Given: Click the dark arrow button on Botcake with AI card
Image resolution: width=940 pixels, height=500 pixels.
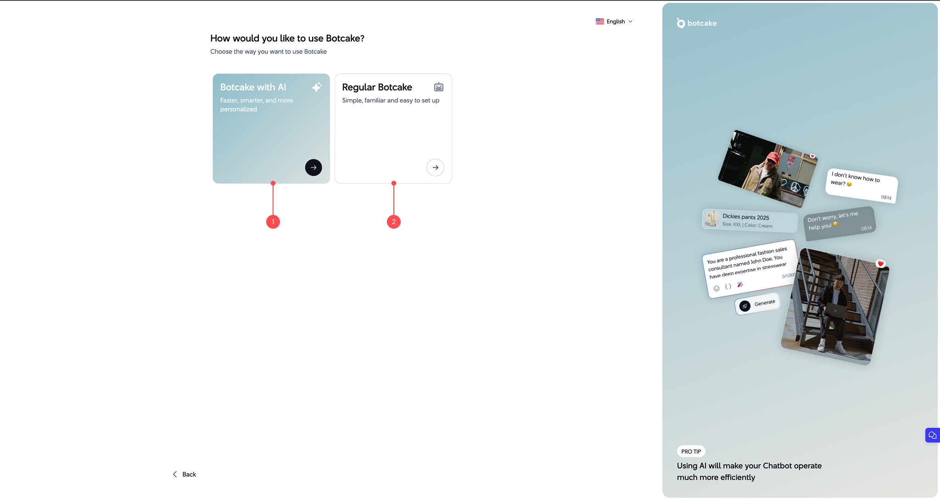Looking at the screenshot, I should point(313,168).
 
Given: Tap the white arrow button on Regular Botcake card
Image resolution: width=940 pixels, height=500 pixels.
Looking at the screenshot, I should point(435,168).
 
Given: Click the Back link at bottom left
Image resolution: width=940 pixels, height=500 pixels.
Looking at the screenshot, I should point(185,474).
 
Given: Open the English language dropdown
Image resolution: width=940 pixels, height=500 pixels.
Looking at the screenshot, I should point(615,22).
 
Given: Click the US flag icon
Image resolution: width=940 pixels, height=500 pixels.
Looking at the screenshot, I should point(600,22).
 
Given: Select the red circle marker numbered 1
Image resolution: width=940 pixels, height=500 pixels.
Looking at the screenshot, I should point(273,222).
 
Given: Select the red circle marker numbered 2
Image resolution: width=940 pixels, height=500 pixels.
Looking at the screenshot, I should point(394,222).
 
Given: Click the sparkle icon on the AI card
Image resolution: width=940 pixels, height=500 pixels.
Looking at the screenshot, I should point(317,87).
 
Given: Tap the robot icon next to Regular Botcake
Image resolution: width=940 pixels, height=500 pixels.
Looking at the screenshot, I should point(439,87).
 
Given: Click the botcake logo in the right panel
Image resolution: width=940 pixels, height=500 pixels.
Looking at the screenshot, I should point(696,23).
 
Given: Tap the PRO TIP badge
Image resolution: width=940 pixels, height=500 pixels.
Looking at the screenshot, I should point(691,451).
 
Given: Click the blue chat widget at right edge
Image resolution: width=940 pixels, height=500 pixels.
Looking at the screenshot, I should point(932,435).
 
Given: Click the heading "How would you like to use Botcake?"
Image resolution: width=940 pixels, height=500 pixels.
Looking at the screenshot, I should point(287,39).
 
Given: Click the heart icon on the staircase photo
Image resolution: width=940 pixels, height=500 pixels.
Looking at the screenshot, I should point(880,264).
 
